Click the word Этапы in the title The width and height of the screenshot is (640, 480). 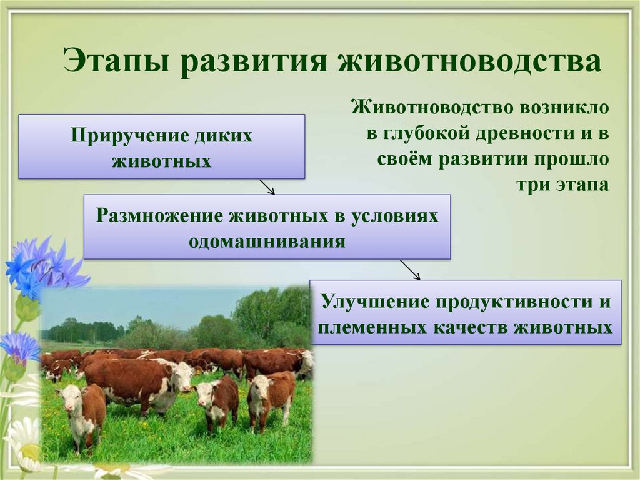[x=116, y=61]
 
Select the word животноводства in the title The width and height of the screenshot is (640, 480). [x=469, y=61]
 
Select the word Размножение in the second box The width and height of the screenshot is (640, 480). [x=159, y=215]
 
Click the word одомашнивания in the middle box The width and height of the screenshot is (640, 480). [x=267, y=241]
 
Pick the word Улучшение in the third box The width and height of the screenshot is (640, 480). [x=376, y=301]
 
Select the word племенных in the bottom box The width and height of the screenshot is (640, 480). [x=371, y=328]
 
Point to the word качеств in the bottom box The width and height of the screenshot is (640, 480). [x=469, y=328]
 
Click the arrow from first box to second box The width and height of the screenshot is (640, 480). [x=267, y=186]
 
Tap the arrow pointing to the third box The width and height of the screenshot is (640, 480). [x=410, y=270]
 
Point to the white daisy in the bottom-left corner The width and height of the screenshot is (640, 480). [x=21, y=450]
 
